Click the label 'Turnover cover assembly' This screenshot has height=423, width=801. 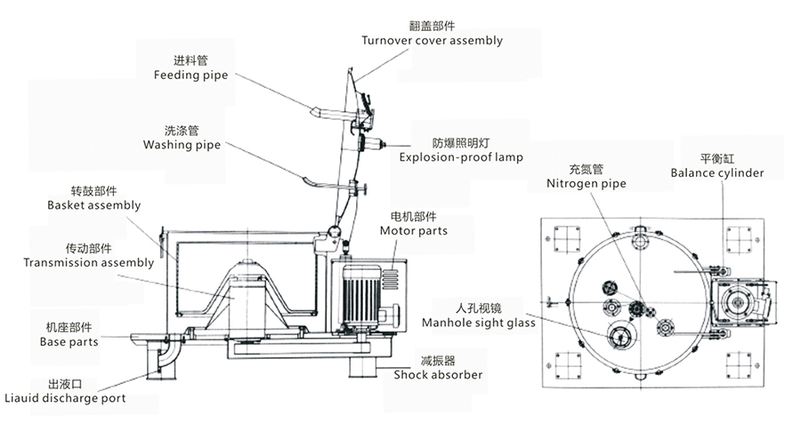[432, 41]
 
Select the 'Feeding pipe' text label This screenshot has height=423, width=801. [190, 76]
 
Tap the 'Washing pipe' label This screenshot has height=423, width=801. [181, 143]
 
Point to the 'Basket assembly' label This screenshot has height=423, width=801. [93, 205]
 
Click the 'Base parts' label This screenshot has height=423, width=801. [69, 341]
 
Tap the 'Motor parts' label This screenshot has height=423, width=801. [413, 231]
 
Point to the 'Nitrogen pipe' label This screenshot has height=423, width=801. [586, 184]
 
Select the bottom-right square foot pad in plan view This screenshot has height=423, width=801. [740, 363]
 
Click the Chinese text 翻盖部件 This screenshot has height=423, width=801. [432, 26]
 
